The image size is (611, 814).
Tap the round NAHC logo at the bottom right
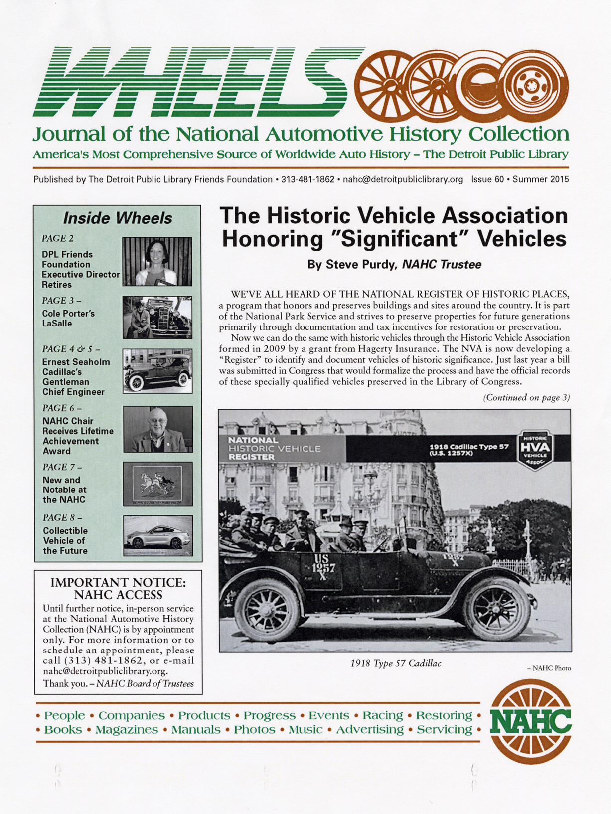(531, 721)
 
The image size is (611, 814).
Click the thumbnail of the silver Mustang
(158, 536)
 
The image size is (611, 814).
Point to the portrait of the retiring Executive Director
(157, 261)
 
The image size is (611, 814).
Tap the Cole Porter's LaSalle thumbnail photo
(157, 318)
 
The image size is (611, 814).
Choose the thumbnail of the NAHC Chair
(157, 429)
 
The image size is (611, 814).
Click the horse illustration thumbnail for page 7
(157, 484)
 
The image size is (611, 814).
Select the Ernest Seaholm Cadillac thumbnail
(157, 370)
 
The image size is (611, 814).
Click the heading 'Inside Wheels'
(118, 218)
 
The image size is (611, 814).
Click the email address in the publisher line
(403, 179)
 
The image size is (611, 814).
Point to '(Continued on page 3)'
(526, 398)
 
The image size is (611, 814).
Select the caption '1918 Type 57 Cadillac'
(396, 663)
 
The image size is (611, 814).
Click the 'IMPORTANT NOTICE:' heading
(118, 582)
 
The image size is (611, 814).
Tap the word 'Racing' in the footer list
(382, 715)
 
